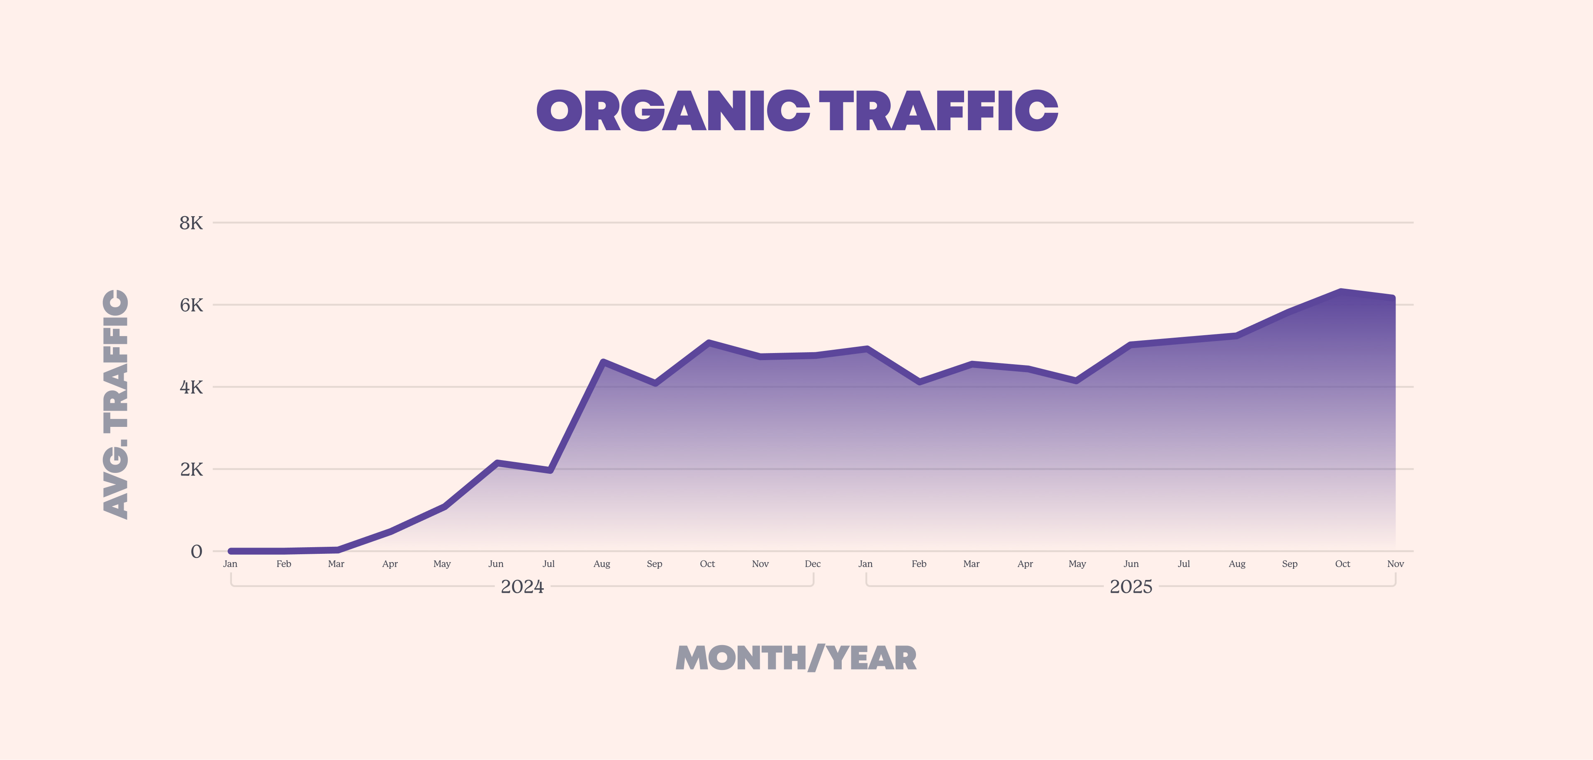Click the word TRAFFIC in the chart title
[x=938, y=111]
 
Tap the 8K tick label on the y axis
[x=191, y=223]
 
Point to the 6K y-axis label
[x=191, y=305]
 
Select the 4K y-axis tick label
[x=191, y=388]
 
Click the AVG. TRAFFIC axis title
[x=116, y=404]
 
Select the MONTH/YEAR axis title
[x=796, y=658]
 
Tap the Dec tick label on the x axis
[x=813, y=564]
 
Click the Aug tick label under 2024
[x=602, y=564]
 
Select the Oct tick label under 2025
[x=1342, y=564]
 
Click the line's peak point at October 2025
[x=1341, y=291]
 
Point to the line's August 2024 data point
[x=603, y=362]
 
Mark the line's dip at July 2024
[x=550, y=470]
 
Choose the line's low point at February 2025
[x=920, y=382]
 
